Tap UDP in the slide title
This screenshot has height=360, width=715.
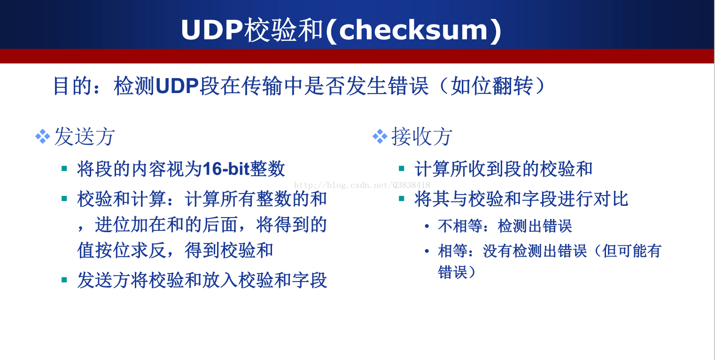click(212, 30)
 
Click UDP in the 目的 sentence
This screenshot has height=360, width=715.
click(177, 86)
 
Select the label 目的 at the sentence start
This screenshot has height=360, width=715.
click(72, 86)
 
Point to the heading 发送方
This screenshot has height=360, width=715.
click(85, 136)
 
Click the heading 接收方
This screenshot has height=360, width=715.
click(422, 136)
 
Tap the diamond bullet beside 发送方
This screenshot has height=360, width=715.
click(42, 137)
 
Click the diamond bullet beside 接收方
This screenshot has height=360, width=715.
click(380, 137)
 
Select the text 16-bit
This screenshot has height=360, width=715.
click(226, 169)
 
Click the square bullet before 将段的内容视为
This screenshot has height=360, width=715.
click(64, 168)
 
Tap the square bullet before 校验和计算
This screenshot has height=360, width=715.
click(64, 199)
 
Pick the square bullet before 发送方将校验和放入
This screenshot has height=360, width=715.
click(64, 280)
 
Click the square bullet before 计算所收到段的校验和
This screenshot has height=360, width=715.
click(402, 168)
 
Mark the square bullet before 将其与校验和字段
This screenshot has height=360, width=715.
click(402, 199)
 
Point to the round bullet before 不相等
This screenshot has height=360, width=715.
click(427, 226)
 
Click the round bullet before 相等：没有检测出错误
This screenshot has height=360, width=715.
click(427, 251)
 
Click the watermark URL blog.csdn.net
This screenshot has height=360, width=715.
click(362, 185)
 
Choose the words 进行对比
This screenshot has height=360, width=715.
click(593, 199)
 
